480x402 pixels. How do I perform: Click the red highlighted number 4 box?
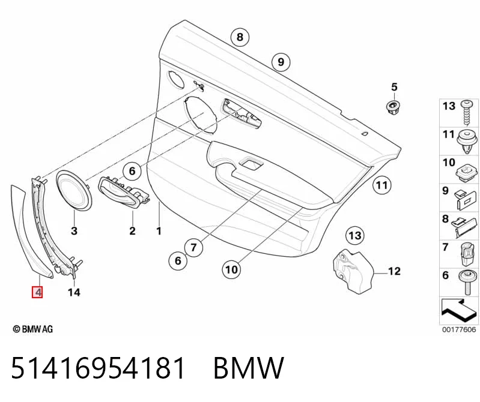tap(37, 292)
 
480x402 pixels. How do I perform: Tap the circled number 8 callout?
tap(240, 37)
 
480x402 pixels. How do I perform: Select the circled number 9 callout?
tap(281, 62)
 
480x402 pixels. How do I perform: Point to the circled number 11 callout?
tap(381, 185)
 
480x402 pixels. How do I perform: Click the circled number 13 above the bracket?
tap(355, 235)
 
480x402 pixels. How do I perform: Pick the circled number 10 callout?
tap(231, 269)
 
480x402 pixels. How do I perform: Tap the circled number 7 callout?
tap(193, 247)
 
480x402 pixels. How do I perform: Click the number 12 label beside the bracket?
tap(394, 271)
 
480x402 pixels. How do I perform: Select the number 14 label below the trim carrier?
tap(74, 292)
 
